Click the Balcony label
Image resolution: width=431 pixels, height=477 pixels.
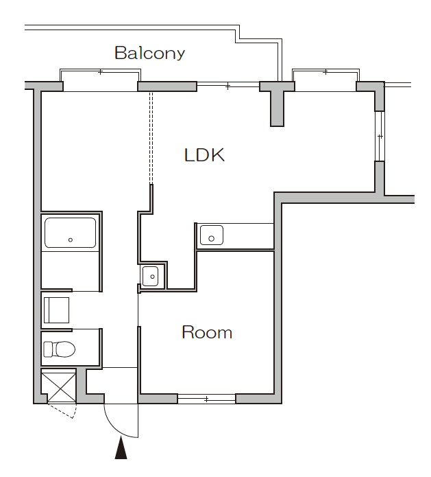pyautogui.click(x=150, y=54)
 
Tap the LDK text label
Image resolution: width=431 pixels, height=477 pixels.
pyautogui.click(x=204, y=155)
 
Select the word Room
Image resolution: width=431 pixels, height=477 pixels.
pyautogui.click(x=207, y=332)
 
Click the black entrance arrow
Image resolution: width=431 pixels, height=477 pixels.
pyautogui.click(x=121, y=447)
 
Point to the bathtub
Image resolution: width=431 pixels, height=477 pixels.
pyautogui.click(x=70, y=233)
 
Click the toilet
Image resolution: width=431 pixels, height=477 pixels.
pyautogui.click(x=59, y=349)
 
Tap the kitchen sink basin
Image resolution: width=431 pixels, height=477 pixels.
pyautogui.click(x=212, y=235)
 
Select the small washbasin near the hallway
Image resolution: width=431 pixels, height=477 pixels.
pyautogui.click(x=150, y=276)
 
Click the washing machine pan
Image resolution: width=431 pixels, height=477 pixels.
pyautogui.click(x=56, y=310)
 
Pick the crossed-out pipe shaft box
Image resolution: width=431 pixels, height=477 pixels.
pyautogui.click(x=59, y=386)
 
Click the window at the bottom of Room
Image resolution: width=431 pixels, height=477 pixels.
pyautogui.click(x=206, y=399)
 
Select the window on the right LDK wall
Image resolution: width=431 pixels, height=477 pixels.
pyautogui.click(x=380, y=137)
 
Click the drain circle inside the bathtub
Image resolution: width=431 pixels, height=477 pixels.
pyautogui.click(x=71, y=240)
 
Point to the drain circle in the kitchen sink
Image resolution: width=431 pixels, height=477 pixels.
pyautogui.click(x=212, y=239)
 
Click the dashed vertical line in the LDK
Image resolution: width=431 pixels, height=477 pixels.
pyautogui.click(x=151, y=138)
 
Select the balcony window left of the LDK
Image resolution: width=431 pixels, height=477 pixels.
pyautogui.click(x=100, y=80)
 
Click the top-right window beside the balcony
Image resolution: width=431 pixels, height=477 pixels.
pyautogui.click(x=325, y=80)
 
